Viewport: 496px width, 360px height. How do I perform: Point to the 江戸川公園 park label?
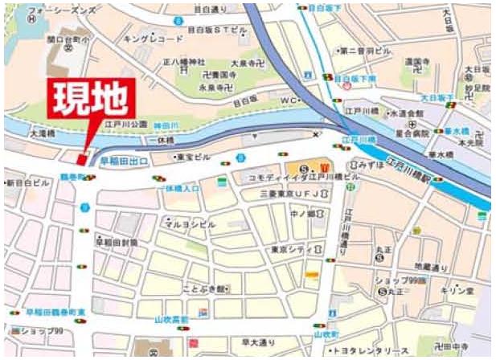tap(129, 125)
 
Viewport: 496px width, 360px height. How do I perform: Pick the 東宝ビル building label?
tap(193, 157)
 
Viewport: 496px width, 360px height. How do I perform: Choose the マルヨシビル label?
tap(190, 225)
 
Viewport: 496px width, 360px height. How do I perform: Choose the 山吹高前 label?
tap(171, 319)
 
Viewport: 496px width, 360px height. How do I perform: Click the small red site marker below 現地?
tap(82, 157)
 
